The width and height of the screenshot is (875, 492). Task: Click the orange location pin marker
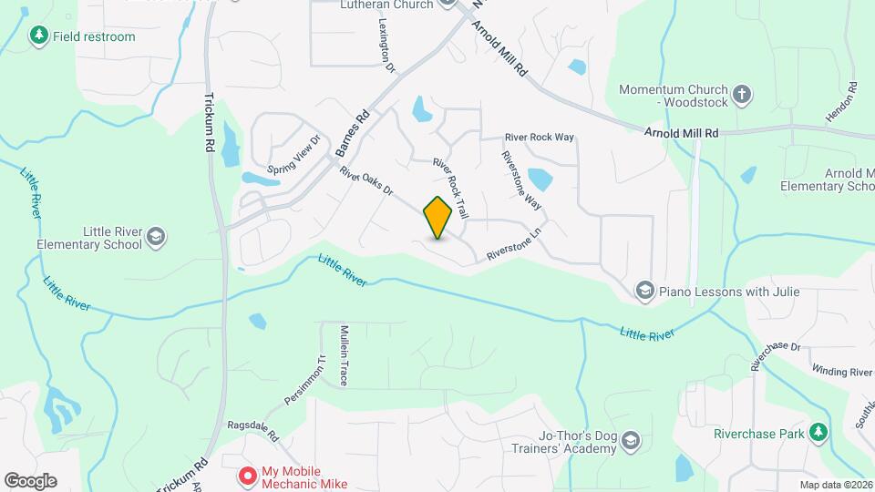[438, 217]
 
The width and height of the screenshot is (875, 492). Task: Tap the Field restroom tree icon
[38, 36]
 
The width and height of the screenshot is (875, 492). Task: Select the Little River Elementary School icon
[156, 238]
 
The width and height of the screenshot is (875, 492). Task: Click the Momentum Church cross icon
[742, 91]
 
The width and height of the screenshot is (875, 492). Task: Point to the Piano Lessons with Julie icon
[645, 291]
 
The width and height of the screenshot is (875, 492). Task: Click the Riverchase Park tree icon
[819, 433]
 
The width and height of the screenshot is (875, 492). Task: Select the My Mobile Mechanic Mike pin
[246, 476]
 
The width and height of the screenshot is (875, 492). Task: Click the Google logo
[30, 481]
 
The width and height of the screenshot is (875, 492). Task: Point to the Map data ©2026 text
[836, 485]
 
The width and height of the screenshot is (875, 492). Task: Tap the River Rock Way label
[540, 138]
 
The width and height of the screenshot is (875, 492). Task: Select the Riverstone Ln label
[514, 245]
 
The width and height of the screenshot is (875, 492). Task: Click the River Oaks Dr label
[365, 181]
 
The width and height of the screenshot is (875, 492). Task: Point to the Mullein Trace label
[344, 355]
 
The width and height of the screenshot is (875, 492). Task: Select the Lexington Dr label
[385, 48]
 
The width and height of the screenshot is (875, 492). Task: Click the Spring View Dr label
[294, 156]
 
